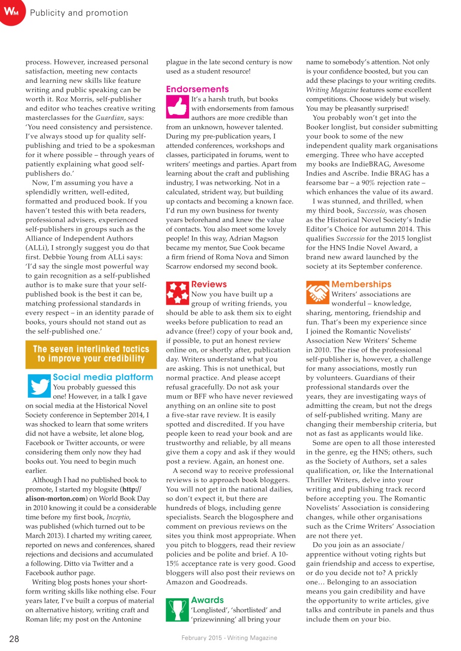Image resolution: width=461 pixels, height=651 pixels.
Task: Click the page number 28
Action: [x=14, y=638]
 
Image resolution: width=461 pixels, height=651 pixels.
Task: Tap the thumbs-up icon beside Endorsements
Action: [x=177, y=106]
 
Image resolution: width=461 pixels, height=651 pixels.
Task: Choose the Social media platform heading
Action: [x=103, y=377]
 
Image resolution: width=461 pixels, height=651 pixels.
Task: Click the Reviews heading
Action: [x=209, y=284]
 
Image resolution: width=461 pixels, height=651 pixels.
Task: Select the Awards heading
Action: [x=207, y=600]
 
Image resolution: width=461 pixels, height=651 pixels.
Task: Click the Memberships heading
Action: [x=361, y=284]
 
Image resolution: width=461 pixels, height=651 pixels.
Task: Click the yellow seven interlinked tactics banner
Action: [x=91, y=353]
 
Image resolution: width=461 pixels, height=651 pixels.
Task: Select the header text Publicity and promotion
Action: [x=79, y=13]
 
